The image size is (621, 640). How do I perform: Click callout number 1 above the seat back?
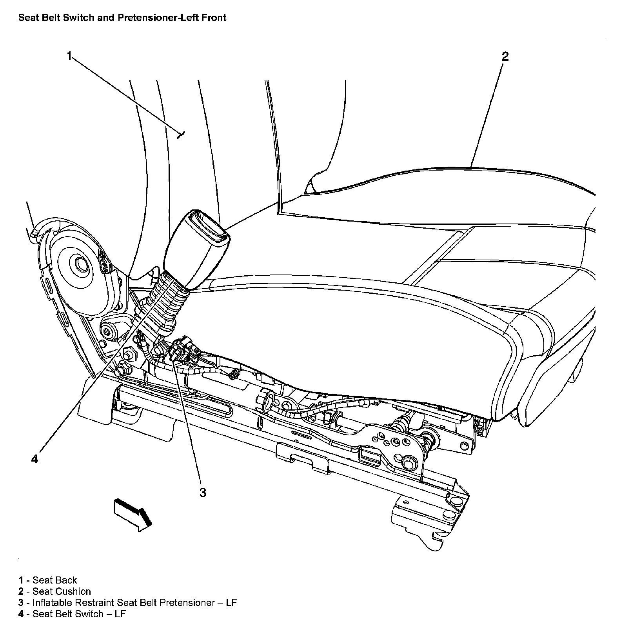69,56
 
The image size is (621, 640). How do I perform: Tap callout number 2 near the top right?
505,56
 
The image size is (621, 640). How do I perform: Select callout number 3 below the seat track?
202,492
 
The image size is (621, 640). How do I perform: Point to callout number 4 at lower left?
35,459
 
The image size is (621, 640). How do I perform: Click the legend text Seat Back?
54,580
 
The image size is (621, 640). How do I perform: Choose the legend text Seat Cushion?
62,591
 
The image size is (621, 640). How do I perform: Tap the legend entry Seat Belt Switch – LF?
79,614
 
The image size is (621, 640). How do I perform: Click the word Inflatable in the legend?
52,602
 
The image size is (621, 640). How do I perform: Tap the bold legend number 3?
21,602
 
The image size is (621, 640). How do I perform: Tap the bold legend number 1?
21,580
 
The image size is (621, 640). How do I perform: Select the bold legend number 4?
21,614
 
